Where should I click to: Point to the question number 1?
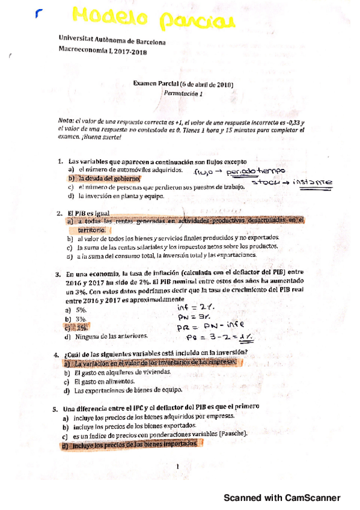coord(61,162)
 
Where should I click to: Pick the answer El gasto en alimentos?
coord(100,382)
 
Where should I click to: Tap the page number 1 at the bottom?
coord(179,467)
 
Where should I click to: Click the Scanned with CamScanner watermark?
coord(282,498)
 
